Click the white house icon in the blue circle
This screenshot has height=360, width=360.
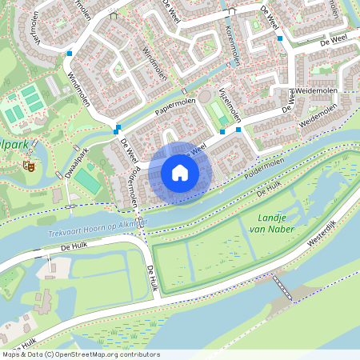click(x=180, y=173)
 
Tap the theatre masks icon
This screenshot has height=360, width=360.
click(x=27, y=166)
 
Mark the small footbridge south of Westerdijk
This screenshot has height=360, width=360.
click(x=278, y=284)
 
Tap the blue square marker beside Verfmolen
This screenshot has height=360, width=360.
click(x=70, y=54)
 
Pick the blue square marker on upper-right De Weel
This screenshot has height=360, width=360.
click(x=279, y=38)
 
